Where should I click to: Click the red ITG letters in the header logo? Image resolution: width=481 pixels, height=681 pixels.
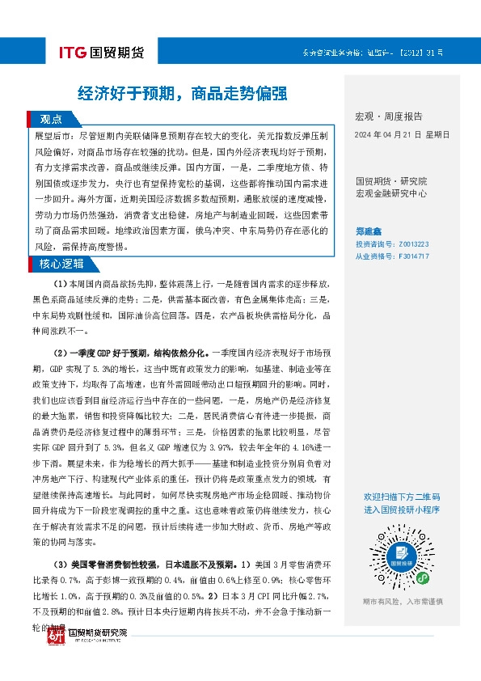(73, 53)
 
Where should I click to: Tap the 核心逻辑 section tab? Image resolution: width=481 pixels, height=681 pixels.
(63, 264)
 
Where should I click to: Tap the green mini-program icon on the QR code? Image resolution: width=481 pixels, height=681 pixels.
(422, 577)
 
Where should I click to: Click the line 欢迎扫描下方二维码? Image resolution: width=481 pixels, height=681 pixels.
(402, 496)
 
